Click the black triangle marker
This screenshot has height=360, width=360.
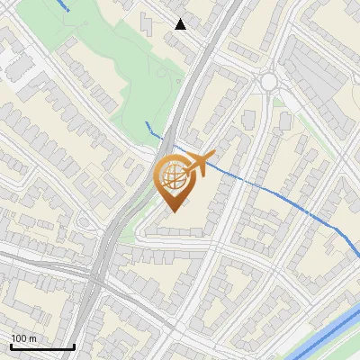tap(181, 24)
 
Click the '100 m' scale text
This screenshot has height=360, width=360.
tap(23, 338)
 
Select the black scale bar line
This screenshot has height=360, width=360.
tap(42, 346)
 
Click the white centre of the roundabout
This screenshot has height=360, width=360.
tap(268, 82)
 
